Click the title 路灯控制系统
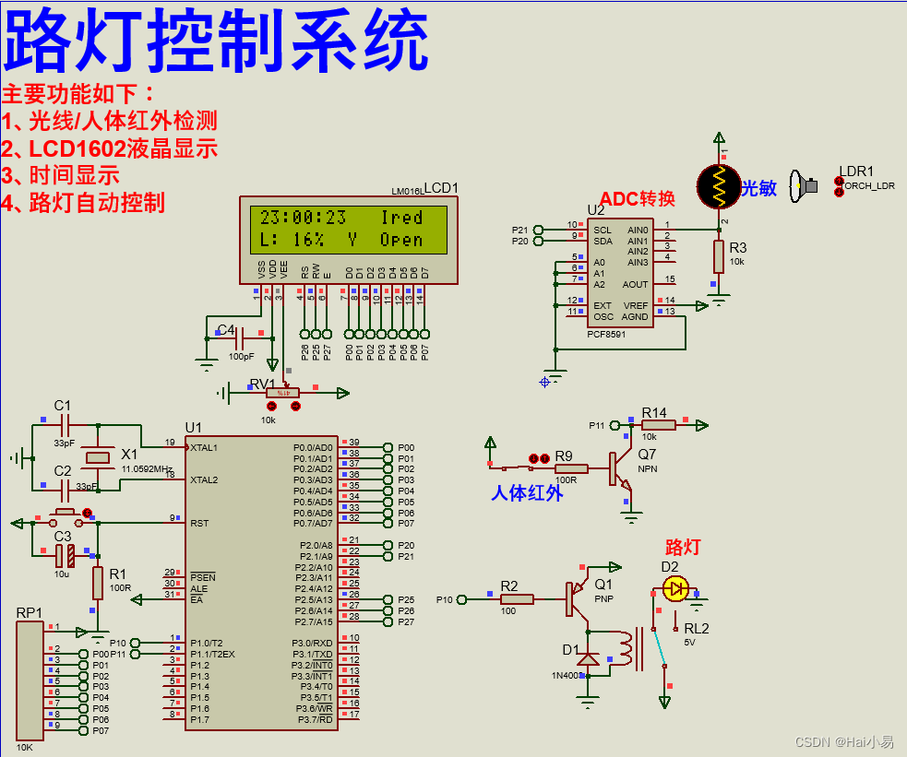pos(218,41)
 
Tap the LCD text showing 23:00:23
pos(303,218)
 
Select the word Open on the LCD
pos(401,240)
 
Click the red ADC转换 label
pos(638,198)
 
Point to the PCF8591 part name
pos(606,335)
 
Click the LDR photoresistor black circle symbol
pos(719,186)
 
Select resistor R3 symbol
pos(719,256)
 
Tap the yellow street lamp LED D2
pos(676,588)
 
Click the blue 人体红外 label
pos(526,493)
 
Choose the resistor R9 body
pos(571,468)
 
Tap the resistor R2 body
pos(517,599)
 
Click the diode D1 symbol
pos(588,658)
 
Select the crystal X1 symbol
pos(96,458)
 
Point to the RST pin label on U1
pos(200,523)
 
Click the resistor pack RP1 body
pos(30,679)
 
